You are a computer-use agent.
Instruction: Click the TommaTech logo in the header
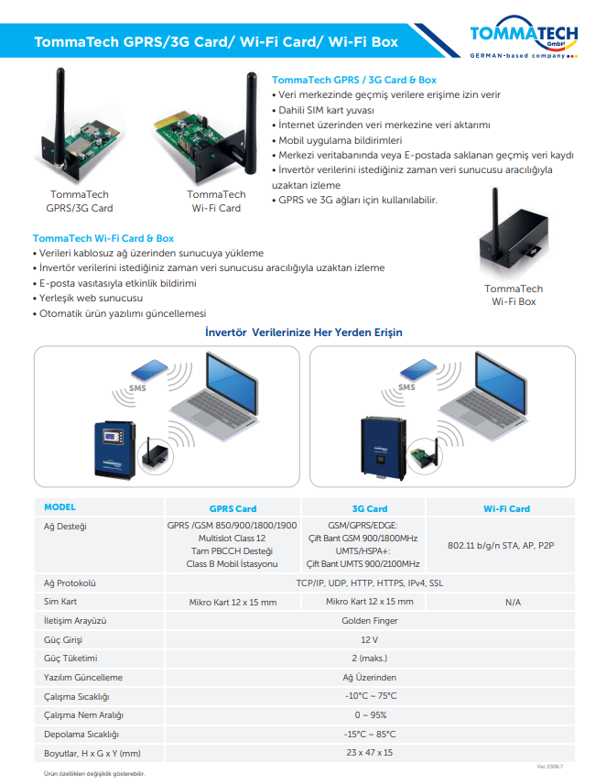(523, 38)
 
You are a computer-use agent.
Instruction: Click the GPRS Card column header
(233, 508)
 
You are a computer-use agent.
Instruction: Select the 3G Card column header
(370, 508)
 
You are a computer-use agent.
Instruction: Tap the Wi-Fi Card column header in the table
(506, 508)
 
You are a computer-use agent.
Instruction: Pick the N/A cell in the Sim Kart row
(513, 602)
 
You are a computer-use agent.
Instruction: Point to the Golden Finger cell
(370, 620)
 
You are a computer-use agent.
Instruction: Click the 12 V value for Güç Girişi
(370, 639)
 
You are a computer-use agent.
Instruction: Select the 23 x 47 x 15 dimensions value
(370, 752)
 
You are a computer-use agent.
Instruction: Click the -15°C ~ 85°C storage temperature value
(370, 734)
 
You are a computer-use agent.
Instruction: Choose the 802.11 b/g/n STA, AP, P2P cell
(514, 545)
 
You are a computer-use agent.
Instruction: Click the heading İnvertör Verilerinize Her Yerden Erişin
(304, 332)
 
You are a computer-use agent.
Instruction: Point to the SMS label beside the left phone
(137, 388)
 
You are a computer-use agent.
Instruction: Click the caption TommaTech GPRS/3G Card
(80, 201)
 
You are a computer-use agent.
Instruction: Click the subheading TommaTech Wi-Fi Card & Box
(103, 238)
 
